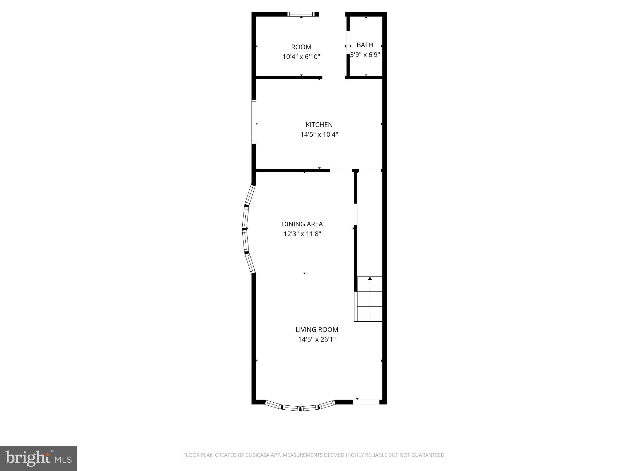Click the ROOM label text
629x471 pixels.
[x=301, y=47]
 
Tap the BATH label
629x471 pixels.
[x=365, y=45]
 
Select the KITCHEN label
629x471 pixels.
[x=319, y=124]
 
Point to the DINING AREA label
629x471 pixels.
[x=302, y=224]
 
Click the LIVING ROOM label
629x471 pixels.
[x=317, y=330]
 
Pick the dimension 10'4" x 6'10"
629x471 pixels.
[x=301, y=57]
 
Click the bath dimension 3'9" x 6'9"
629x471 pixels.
[x=365, y=55]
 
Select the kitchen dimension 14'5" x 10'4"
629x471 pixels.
[x=319, y=134]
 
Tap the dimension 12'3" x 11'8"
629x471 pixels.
[x=302, y=234]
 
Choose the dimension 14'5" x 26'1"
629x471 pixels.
[x=317, y=339]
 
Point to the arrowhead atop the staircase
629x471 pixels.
[x=370, y=278]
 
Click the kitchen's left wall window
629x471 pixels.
[x=254, y=122]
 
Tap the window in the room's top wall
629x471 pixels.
[x=301, y=14]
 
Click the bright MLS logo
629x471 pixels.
[x=38, y=458]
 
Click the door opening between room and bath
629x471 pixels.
[x=348, y=46]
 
